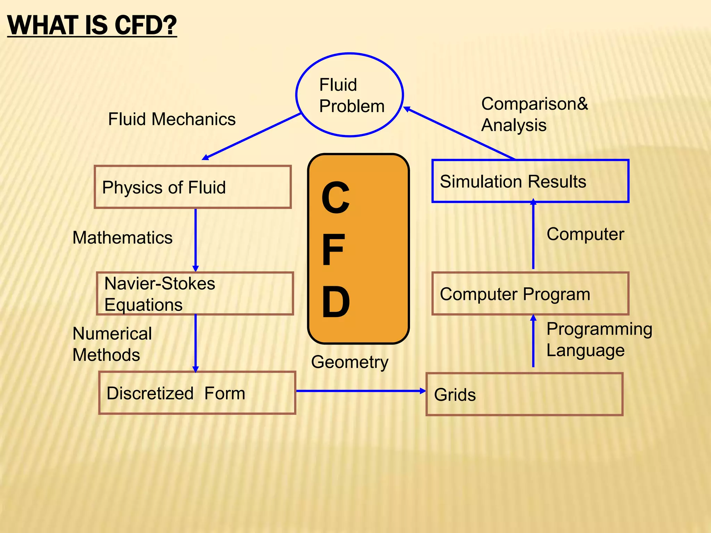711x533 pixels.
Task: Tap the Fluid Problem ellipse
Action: (349, 95)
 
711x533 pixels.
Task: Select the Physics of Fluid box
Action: (193, 187)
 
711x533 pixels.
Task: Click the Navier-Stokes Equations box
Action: (195, 294)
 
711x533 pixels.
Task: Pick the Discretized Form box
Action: (197, 393)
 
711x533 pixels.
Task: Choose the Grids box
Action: (524, 394)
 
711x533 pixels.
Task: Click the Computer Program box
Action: (530, 294)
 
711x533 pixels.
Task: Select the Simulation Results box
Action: (530, 181)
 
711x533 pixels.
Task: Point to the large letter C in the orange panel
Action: (335, 198)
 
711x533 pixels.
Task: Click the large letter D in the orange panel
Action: (335, 302)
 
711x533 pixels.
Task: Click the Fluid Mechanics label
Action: (172, 119)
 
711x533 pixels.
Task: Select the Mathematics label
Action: (122, 238)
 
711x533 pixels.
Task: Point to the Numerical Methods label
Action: (112, 344)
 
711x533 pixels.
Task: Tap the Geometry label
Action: (350, 362)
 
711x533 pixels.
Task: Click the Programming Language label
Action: (599, 339)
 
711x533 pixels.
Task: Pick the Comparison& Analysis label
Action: (534, 114)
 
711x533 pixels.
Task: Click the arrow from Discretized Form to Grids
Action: (361, 391)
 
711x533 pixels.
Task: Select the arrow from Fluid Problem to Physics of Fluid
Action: (252, 136)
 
